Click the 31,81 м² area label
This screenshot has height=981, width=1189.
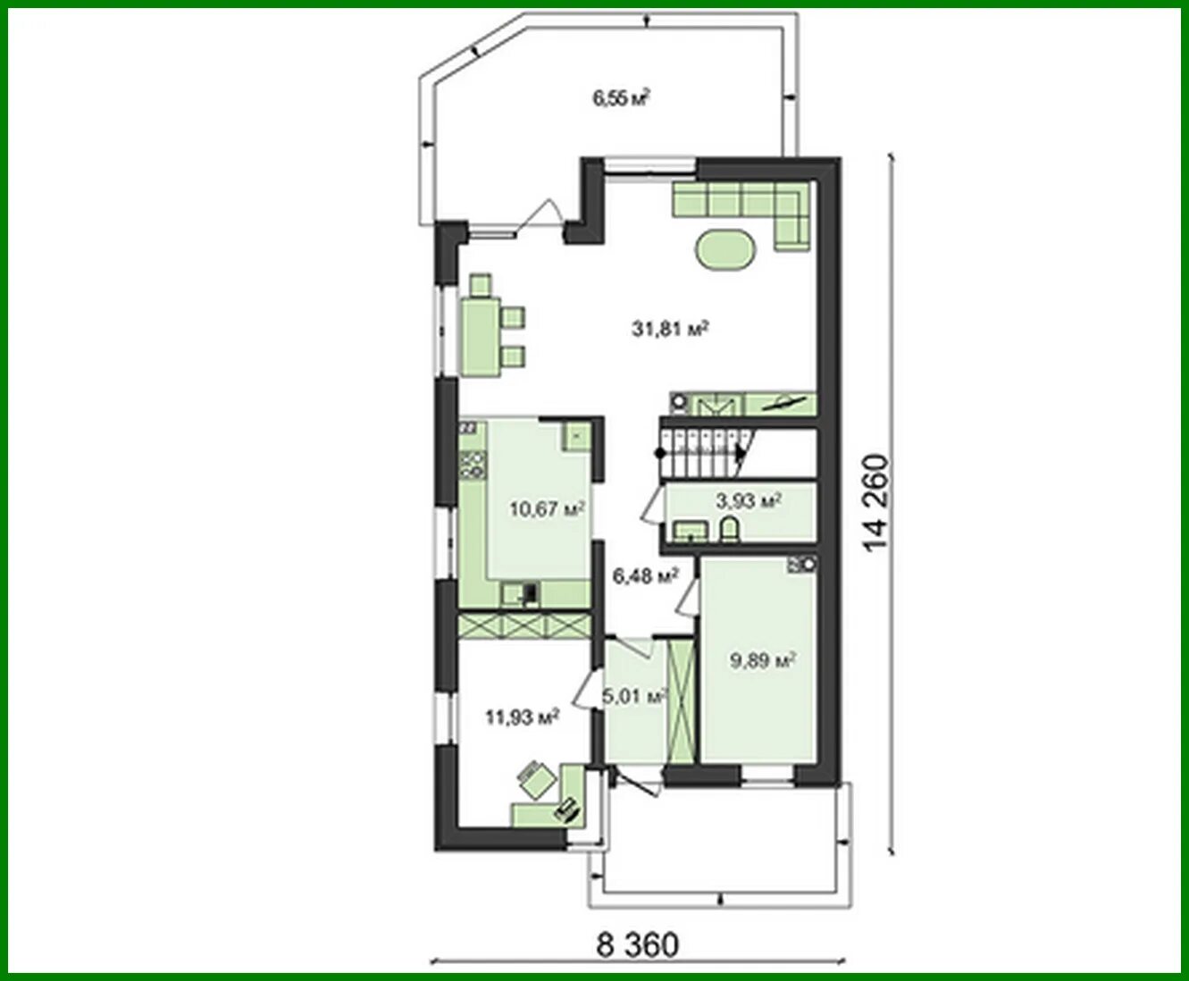coord(670,329)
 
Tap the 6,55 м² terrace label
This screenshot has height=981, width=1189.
coord(621,98)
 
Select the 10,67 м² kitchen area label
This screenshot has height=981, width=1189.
coord(547,508)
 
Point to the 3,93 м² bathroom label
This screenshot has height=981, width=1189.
coord(749,500)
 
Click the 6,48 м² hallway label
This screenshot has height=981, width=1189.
coord(645,576)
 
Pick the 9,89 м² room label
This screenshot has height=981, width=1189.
coord(763,660)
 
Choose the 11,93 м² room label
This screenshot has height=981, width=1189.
coord(522,717)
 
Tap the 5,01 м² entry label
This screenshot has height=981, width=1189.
coord(634,696)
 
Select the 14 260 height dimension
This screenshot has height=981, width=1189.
coord(875,502)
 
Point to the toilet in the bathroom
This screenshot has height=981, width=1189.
coord(730,529)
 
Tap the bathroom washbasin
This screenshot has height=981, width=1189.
coord(691,530)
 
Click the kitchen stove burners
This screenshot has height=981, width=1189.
coord(473,465)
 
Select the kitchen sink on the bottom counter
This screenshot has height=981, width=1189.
coord(519,593)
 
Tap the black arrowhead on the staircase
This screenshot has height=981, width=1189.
coord(741,454)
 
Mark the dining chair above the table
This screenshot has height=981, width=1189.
coord(481,285)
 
